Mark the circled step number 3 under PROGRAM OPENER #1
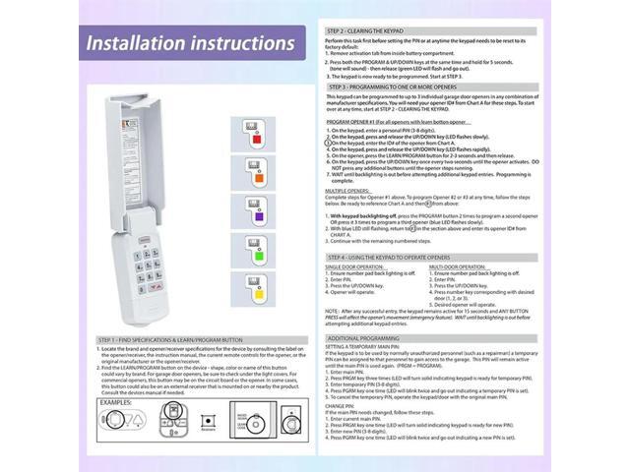[x=330, y=143]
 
